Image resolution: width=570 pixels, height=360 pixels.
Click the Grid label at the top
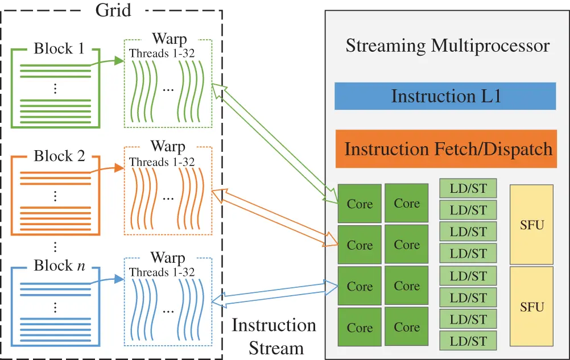113,11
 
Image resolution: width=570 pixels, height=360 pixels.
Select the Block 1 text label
59,48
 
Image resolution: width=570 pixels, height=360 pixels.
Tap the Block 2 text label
59,155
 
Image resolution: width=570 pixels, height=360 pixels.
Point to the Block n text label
59,265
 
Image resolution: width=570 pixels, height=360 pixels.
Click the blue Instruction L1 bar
445,96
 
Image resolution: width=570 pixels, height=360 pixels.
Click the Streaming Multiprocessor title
447,45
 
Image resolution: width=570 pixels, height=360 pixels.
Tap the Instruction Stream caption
275,336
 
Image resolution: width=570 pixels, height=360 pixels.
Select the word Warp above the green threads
168,39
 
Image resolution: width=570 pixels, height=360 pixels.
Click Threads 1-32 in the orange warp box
162,162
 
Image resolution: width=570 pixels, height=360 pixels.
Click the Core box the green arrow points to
360,204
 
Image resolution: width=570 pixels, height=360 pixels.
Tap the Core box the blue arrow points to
360,286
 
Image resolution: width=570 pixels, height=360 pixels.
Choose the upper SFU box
532,225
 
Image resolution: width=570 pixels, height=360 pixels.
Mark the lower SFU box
532,307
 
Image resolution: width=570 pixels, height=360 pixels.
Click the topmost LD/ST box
468,189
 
